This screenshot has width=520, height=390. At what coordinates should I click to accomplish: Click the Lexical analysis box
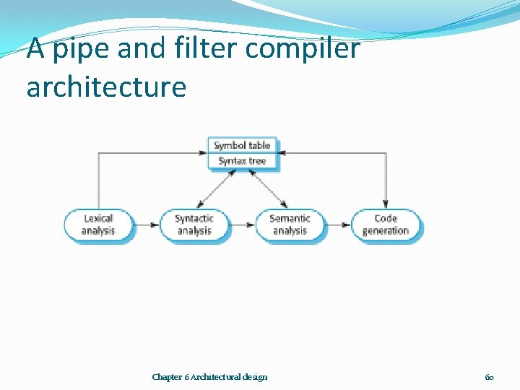(x=98, y=225)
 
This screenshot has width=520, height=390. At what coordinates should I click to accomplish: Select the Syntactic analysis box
(x=194, y=225)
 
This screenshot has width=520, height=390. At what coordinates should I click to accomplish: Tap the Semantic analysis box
(x=290, y=225)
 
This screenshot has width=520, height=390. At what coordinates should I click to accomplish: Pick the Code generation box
(x=385, y=225)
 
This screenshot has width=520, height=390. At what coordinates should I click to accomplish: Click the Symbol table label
(x=241, y=145)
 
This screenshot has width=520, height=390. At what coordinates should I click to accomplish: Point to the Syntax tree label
(x=241, y=160)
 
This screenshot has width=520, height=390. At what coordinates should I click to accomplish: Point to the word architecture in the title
(x=106, y=87)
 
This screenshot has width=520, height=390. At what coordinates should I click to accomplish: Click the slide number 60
(x=489, y=377)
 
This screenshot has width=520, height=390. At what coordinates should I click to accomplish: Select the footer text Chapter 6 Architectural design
(x=209, y=377)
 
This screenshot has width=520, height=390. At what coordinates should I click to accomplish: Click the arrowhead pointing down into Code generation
(x=385, y=204)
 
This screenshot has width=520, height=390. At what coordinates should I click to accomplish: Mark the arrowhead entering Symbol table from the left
(x=203, y=152)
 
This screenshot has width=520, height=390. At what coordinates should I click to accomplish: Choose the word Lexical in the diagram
(x=98, y=218)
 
